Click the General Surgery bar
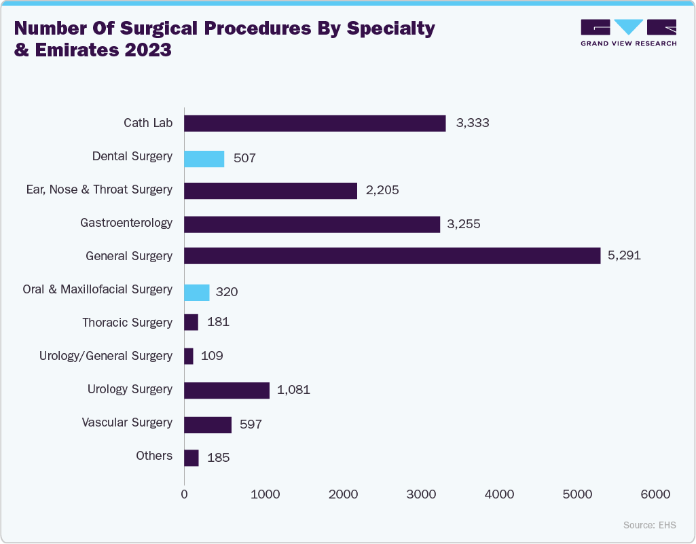pos(392,256)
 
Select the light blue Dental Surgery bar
pos(204,159)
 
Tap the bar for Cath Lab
pos(315,123)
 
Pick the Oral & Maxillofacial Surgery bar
pos(197,292)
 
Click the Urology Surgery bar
pos(227,390)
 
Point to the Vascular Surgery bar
pos(208,424)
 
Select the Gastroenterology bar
pos(312,224)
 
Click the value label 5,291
pos(624,256)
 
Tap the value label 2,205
pos(382,190)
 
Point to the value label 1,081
pos(293,391)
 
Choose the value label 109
pos(212,356)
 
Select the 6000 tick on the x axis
pos(656,494)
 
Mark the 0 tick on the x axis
pos(185,494)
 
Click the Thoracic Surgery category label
pos(127,323)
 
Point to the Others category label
pos(154,456)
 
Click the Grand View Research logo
pos(628,33)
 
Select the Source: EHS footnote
pos(650,525)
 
